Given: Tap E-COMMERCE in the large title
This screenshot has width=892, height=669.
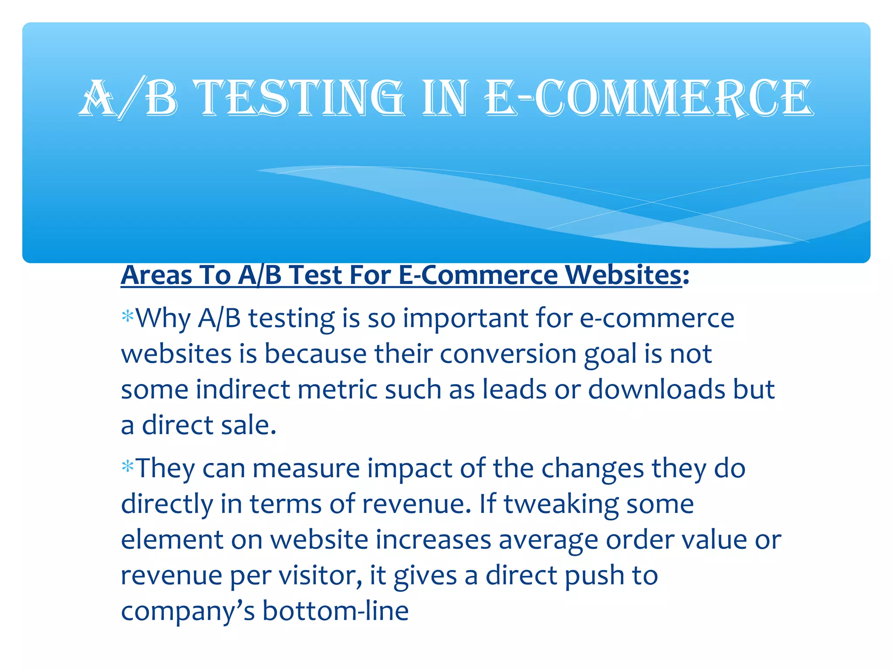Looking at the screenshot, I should tap(649, 98).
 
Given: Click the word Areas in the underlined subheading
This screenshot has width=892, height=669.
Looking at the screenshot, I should tap(156, 275).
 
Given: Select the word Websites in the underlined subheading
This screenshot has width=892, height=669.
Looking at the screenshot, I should tap(623, 275).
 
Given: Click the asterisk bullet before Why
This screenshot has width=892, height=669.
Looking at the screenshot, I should tap(128, 317).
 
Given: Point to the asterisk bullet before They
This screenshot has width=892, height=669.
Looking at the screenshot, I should tap(128, 467).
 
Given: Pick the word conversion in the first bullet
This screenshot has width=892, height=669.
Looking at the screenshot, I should tap(508, 354).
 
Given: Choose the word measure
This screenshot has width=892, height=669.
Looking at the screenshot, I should tap(306, 469).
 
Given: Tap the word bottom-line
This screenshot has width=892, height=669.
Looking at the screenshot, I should tap(335, 611).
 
